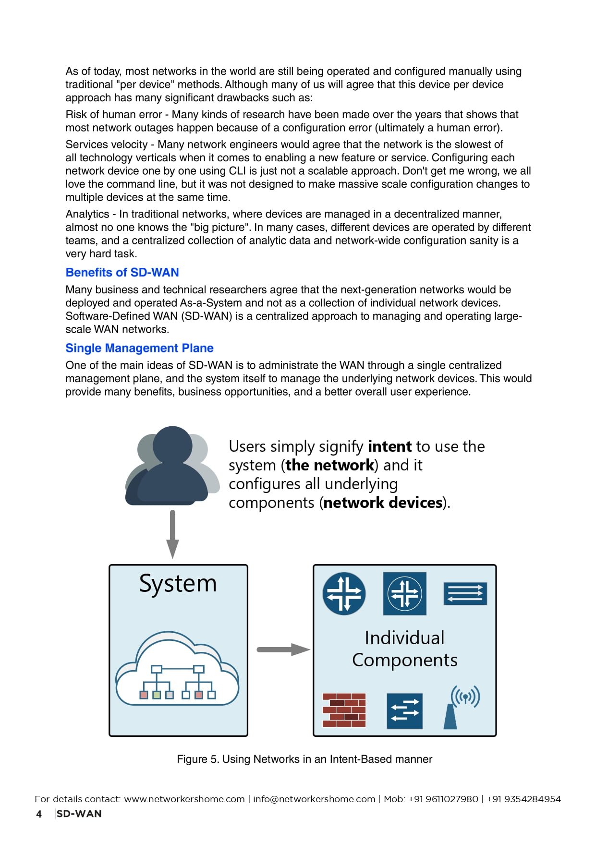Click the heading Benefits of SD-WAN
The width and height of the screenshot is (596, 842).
pyautogui.click(x=122, y=272)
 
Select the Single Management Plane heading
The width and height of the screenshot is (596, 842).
pyautogui.click(x=139, y=348)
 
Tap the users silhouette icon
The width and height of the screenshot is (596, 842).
pyautogui.click(x=171, y=466)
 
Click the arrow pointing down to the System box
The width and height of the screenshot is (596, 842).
pyautogui.click(x=172, y=533)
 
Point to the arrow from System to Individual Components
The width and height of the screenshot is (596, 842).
pyautogui.click(x=283, y=650)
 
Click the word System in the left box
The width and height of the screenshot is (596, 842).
pyautogui.click(x=178, y=584)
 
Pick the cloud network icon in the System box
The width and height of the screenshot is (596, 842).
pyautogui.click(x=177, y=670)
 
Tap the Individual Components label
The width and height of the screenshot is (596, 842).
pyautogui.click(x=404, y=649)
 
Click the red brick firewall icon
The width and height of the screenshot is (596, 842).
pyautogui.click(x=344, y=710)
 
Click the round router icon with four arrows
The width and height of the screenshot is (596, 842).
pyautogui.click(x=344, y=593)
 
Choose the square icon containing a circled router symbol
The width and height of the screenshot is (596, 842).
pyautogui.click(x=404, y=593)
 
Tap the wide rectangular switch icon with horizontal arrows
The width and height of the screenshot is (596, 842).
pyautogui.click(x=465, y=593)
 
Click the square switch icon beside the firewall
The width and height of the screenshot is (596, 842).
pyautogui.click(x=404, y=710)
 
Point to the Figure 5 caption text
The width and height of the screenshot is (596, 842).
pyautogui.click(x=304, y=759)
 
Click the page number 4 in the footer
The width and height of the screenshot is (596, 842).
pyautogui.click(x=39, y=814)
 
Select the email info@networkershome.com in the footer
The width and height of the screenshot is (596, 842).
pyautogui.click(x=314, y=799)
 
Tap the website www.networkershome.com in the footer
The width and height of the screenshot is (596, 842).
pyautogui.click(x=184, y=799)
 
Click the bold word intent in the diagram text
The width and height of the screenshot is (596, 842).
pyautogui.click(x=389, y=446)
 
